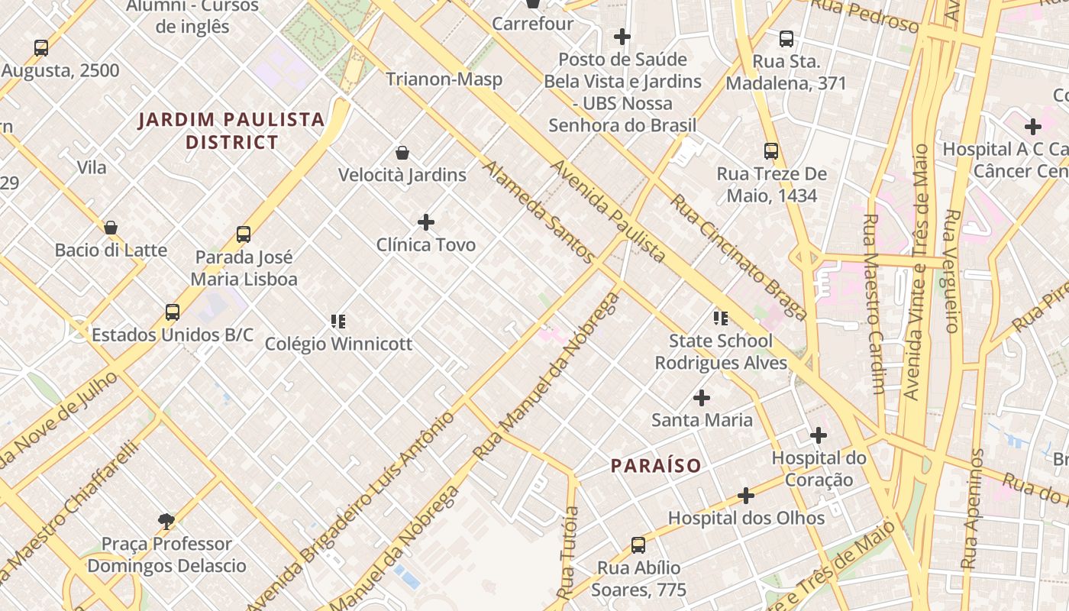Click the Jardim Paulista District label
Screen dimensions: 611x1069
pos(232,131)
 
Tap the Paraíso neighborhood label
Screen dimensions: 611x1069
pos(656,465)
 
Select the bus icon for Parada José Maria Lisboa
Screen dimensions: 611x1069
pos(244,234)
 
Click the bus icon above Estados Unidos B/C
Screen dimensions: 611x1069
pos(173,312)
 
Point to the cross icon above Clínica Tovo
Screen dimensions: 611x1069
pos(426,222)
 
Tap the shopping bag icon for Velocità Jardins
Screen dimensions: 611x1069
pos(402,153)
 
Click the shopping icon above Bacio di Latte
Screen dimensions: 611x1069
pos(111,228)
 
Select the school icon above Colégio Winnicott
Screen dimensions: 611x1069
pos(338,321)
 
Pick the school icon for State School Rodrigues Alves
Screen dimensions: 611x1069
pos(720,318)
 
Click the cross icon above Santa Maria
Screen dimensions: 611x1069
pos(702,398)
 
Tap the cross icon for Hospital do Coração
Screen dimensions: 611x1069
pos(819,435)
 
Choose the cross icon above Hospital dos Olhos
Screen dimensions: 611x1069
pos(746,496)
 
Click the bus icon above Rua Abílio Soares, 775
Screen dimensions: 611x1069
pos(638,545)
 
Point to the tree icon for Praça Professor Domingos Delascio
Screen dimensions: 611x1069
pos(166,522)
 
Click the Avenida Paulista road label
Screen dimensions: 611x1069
pos(608,211)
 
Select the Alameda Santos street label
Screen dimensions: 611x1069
pos(538,212)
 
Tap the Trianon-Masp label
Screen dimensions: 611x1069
pos(444,79)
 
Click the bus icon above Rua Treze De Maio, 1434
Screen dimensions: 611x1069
pos(771,151)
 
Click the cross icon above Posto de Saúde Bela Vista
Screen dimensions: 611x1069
pos(622,37)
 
